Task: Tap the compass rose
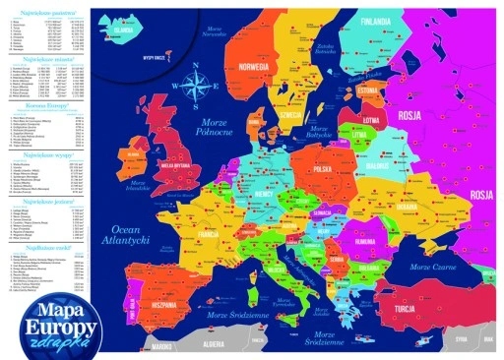[x=196, y=80]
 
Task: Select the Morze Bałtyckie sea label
[x=317, y=132]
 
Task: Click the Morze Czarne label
[x=437, y=268]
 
